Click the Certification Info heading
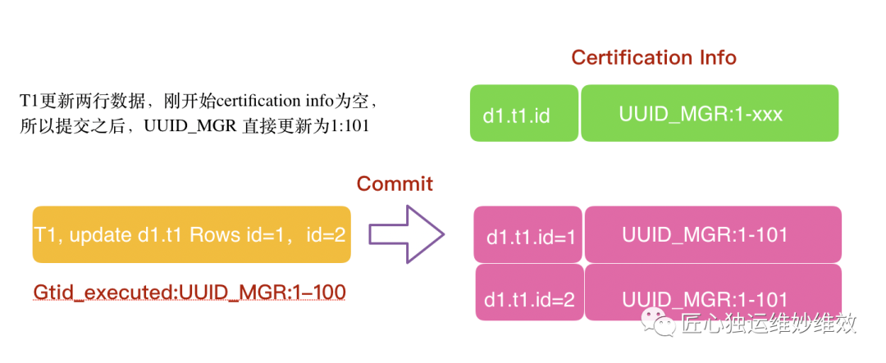(653, 57)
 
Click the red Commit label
(395, 184)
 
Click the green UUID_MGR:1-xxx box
(710, 113)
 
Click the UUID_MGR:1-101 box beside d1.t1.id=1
(713, 234)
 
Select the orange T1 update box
(191, 234)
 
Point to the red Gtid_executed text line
(189, 291)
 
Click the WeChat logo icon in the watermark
(657, 322)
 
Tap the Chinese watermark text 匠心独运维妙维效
(769, 323)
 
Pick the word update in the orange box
(103, 235)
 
